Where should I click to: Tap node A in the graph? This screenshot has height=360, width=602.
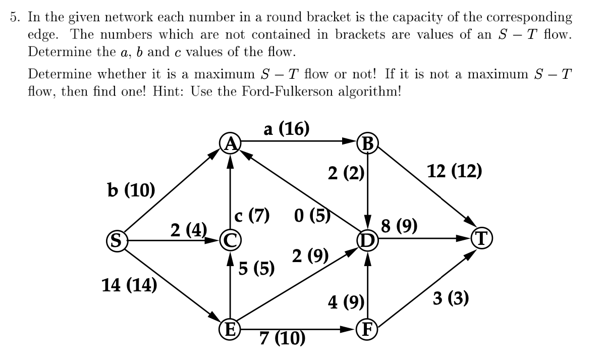(x=230, y=143)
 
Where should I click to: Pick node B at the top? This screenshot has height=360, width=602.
(x=368, y=144)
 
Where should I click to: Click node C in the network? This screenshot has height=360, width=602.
(x=231, y=241)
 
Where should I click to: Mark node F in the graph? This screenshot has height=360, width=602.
(x=368, y=331)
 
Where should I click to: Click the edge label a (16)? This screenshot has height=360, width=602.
(x=286, y=129)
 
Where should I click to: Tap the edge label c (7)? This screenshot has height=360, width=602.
(x=251, y=214)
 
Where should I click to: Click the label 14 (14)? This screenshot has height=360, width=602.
(x=129, y=284)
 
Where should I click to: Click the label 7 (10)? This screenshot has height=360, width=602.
(x=283, y=338)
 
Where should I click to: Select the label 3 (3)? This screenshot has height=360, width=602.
(x=451, y=298)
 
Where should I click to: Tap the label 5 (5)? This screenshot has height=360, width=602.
(x=256, y=268)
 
